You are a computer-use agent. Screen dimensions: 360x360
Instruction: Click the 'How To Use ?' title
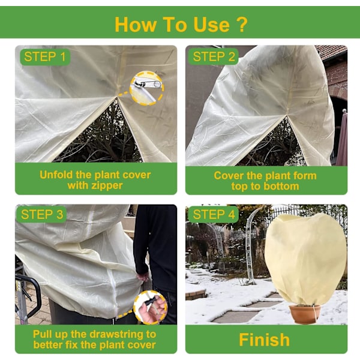click(181, 25)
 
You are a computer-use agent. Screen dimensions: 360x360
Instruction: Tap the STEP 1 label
click(45, 57)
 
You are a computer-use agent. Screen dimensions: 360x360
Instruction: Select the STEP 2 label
click(214, 57)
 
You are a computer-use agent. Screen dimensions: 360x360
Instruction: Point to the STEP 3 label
click(42, 215)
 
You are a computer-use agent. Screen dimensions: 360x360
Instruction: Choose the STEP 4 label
click(214, 215)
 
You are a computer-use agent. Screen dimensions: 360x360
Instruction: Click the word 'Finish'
click(264, 340)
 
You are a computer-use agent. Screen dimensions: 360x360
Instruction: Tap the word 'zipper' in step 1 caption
click(107, 185)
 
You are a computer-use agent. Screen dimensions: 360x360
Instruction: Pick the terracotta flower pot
click(305, 314)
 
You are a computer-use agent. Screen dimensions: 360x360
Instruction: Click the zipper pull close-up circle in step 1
click(147, 88)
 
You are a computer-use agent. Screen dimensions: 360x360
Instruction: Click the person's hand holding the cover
click(143, 277)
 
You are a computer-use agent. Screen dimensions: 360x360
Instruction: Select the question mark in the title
click(242, 25)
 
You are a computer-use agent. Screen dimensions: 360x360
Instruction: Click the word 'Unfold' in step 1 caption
click(56, 175)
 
